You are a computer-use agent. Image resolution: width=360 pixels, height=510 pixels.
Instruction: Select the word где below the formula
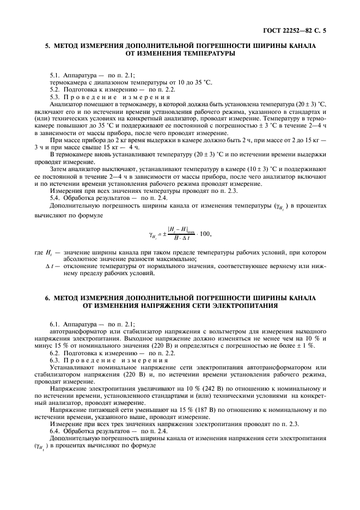click(x=38, y=253)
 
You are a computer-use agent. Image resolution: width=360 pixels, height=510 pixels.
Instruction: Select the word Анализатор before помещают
click(x=67, y=102)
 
